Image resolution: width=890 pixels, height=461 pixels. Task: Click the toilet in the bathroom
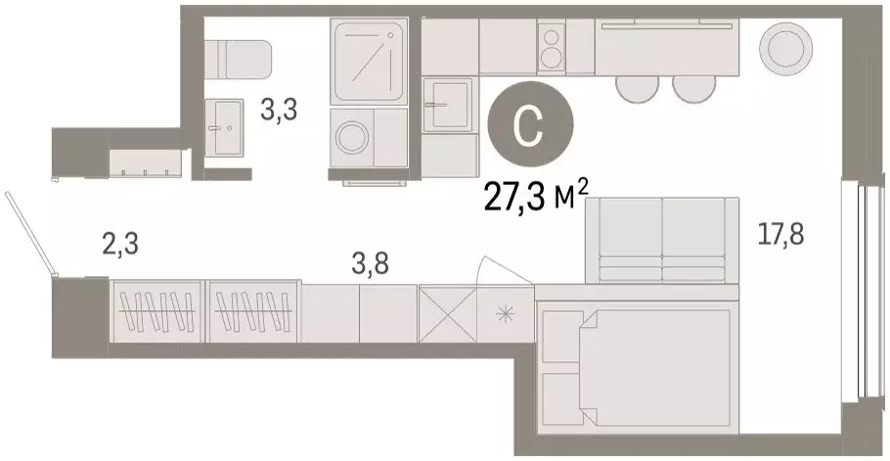click(x=239, y=58)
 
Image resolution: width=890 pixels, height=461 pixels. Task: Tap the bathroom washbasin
click(x=226, y=124)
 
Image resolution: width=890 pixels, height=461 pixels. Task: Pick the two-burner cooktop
click(x=552, y=47)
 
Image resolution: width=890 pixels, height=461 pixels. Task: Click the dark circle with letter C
click(x=530, y=127)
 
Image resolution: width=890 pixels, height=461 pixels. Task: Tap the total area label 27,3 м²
click(x=536, y=198)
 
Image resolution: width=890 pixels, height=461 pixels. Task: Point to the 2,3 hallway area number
click(x=120, y=242)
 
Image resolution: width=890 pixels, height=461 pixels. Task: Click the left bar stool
click(x=637, y=88)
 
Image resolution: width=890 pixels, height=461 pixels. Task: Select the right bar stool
click(x=693, y=88)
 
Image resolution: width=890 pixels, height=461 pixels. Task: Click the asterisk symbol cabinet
click(x=506, y=313)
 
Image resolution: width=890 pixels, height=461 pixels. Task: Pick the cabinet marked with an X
click(x=447, y=313)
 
